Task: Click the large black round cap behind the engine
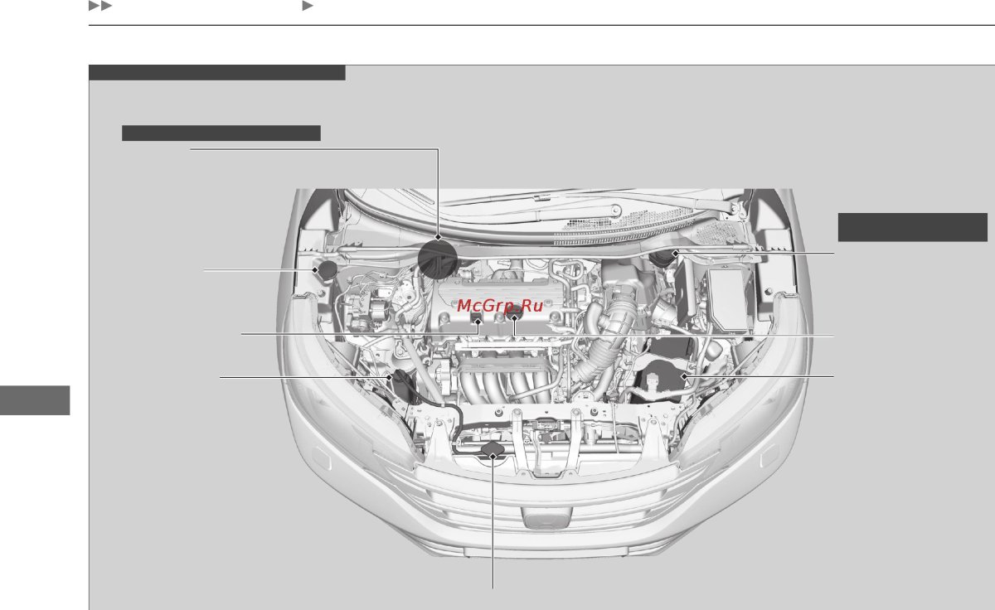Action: (438, 258)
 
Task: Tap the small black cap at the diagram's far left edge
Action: (326, 269)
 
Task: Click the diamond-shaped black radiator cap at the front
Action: (493, 450)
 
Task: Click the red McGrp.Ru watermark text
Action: (500, 305)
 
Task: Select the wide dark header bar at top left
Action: (216, 73)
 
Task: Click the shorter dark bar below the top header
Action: (221, 133)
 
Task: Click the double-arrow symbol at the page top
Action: (99, 7)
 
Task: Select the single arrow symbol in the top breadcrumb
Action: (307, 7)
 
